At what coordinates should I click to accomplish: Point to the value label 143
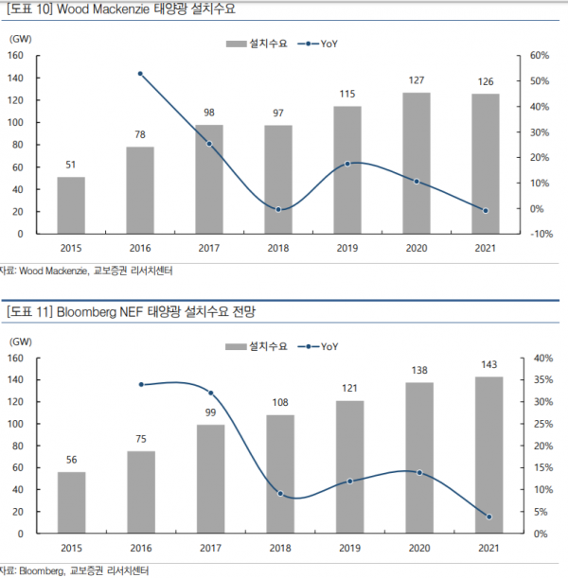(x=488, y=365)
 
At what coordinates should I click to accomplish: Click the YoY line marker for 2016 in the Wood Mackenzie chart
(x=140, y=73)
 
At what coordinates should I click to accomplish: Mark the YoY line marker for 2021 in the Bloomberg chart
(x=488, y=517)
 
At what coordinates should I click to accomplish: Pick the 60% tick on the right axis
(x=537, y=56)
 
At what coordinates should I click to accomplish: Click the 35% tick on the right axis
(x=538, y=380)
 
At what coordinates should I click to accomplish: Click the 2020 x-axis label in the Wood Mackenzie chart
(x=417, y=248)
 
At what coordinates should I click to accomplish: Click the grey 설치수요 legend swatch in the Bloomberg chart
(x=236, y=346)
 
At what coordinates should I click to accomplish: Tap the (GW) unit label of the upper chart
(x=21, y=39)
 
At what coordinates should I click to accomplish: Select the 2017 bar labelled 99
(x=210, y=480)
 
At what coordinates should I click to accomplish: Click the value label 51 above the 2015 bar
(x=71, y=165)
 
